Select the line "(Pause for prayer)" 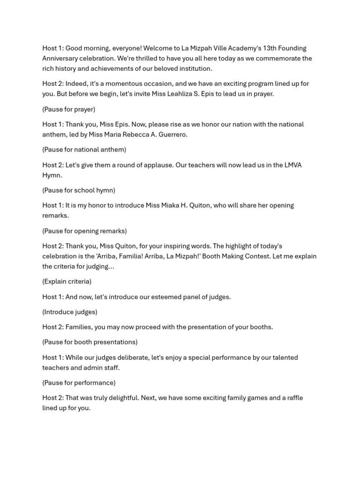click(x=69, y=109)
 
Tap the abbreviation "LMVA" click(x=293, y=165)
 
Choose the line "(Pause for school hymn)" click(x=79, y=190)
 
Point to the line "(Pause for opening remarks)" click(x=84, y=231)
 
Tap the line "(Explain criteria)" click(x=67, y=282)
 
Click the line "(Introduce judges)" click(x=70, y=312)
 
